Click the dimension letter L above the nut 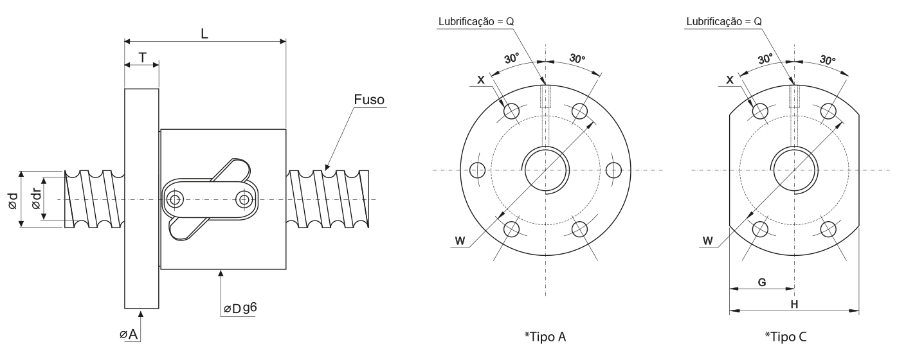click(x=204, y=34)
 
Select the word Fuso click(x=369, y=100)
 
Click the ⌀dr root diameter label click(x=37, y=199)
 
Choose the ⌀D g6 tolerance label click(x=240, y=309)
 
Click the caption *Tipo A click(x=545, y=336)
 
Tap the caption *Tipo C click(x=786, y=336)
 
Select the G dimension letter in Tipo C click(x=761, y=282)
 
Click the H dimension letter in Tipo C click(x=794, y=304)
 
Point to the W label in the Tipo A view click(x=460, y=241)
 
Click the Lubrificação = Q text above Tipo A click(x=476, y=21)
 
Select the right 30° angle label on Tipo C click(x=828, y=60)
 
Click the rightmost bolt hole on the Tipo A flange click(x=614, y=170)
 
